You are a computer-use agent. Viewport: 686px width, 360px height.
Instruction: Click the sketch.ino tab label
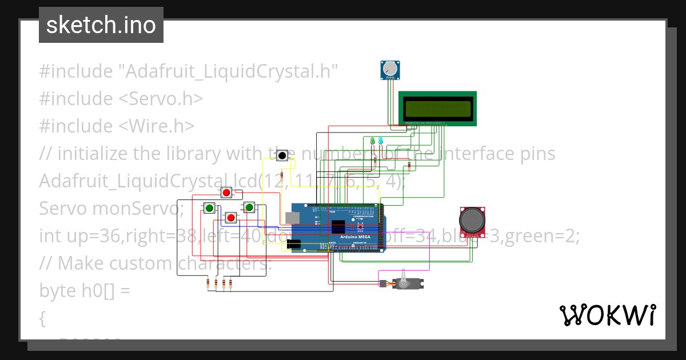(101, 25)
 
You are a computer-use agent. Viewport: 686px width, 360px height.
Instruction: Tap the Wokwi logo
(607, 315)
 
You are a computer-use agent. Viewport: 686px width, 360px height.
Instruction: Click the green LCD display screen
(437, 107)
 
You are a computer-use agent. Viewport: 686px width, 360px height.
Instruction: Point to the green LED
(373, 141)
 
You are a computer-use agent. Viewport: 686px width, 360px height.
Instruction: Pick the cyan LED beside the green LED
(380, 141)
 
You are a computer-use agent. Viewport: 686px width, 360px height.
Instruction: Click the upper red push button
(226, 193)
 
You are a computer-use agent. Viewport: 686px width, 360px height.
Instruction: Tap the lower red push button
(230, 218)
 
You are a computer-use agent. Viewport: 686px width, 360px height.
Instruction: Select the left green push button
(209, 208)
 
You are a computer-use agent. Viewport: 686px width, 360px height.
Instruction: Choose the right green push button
(249, 207)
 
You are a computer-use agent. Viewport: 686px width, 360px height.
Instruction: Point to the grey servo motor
(407, 282)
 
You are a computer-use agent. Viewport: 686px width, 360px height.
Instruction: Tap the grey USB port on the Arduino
(293, 217)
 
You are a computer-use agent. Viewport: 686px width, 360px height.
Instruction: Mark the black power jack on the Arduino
(293, 245)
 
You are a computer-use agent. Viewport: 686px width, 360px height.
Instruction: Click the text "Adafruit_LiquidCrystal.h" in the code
(228, 71)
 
